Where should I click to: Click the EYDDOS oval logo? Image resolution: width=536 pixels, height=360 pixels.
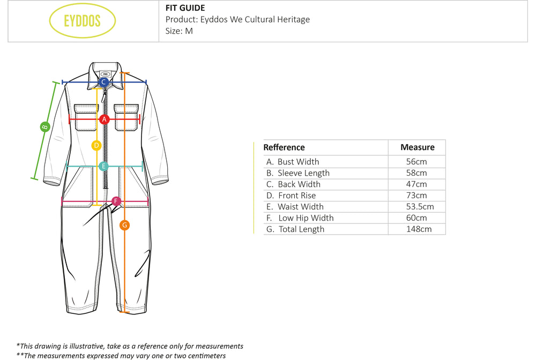[x=82, y=21]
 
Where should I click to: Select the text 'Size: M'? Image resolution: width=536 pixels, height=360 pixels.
[x=179, y=31]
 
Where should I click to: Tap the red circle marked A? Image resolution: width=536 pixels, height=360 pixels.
[x=105, y=119]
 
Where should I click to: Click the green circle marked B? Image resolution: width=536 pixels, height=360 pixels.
[x=45, y=127]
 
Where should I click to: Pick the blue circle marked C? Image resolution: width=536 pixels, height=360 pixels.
[x=104, y=82]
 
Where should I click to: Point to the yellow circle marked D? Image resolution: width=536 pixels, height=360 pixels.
[x=96, y=145]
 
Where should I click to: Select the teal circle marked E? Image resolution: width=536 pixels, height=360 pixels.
[x=103, y=166]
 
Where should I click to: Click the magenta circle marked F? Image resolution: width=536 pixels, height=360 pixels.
[x=116, y=201]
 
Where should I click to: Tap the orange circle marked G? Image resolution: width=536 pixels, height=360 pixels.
[x=124, y=225]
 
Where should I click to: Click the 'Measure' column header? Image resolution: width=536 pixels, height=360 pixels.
[x=417, y=147]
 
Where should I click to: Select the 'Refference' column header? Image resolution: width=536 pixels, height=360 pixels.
[x=284, y=147]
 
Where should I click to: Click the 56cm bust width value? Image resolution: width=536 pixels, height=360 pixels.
[x=417, y=162]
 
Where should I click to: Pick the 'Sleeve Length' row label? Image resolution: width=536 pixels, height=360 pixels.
[x=303, y=173]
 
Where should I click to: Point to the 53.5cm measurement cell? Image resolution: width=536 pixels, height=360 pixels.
[x=417, y=207]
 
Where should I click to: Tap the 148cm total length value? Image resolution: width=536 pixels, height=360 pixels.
[x=417, y=229]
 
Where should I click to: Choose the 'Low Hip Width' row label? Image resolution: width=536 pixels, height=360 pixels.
[x=306, y=218]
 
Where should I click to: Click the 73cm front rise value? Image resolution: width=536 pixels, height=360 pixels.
[x=417, y=196]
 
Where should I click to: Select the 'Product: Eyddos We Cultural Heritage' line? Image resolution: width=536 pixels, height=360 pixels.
[x=237, y=19]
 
